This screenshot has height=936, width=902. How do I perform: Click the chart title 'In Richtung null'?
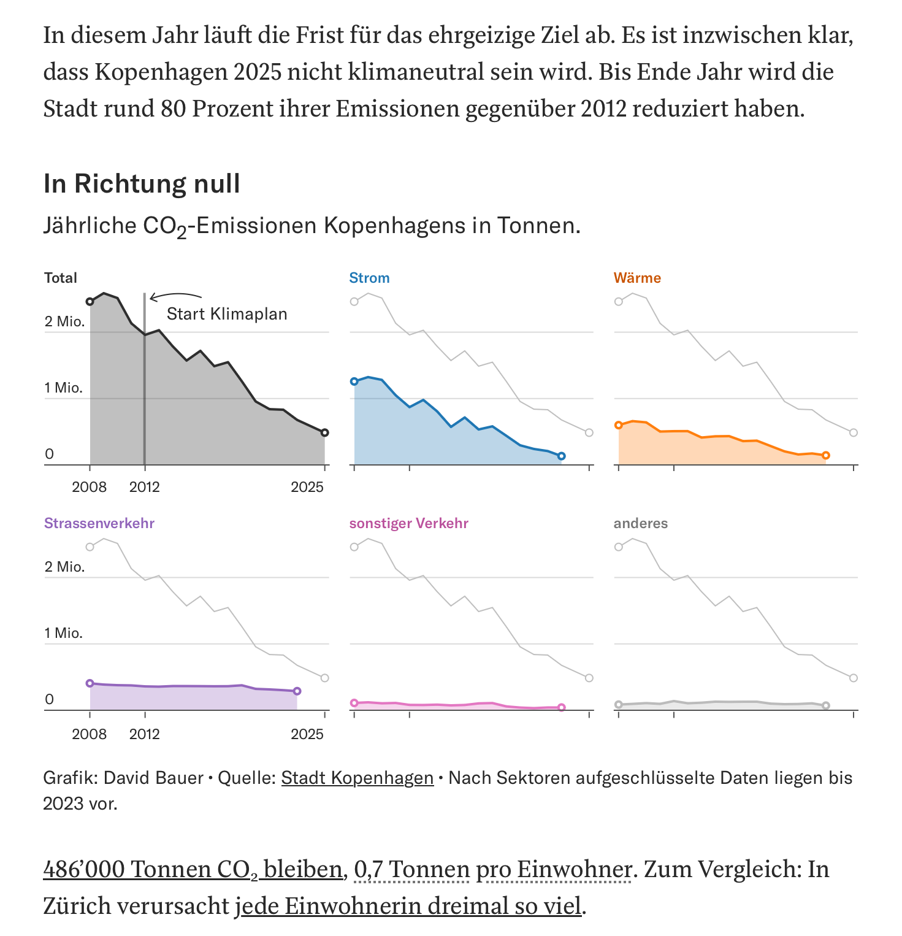pyautogui.click(x=142, y=183)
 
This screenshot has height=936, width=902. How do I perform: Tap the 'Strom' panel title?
pyautogui.click(x=369, y=278)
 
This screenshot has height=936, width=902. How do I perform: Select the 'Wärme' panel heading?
pyautogui.click(x=637, y=278)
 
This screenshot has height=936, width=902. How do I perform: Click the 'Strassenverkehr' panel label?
pyautogui.click(x=99, y=523)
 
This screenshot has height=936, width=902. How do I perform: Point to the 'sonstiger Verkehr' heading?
pyautogui.click(x=409, y=523)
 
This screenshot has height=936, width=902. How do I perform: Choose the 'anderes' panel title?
pyautogui.click(x=641, y=523)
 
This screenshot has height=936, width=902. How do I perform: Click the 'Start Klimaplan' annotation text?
pyautogui.click(x=227, y=314)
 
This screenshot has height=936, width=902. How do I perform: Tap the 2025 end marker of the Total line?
pyautogui.click(x=324, y=432)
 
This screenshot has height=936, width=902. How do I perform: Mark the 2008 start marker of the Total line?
pyautogui.click(x=90, y=301)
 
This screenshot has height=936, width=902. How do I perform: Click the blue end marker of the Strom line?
pyautogui.click(x=562, y=456)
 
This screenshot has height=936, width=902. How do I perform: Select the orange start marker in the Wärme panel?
pyautogui.click(x=618, y=425)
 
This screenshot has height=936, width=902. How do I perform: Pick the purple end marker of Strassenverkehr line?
pyautogui.click(x=297, y=691)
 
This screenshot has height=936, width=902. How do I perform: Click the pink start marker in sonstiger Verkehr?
pyautogui.click(x=354, y=703)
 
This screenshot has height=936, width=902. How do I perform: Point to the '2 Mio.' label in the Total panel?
pyautogui.click(x=64, y=321)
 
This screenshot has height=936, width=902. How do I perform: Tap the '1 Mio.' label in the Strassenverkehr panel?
pyautogui.click(x=64, y=633)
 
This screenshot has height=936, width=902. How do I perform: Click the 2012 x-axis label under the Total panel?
pyautogui.click(x=145, y=487)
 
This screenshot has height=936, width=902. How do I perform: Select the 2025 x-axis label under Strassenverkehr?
pyautogui.click(x=307, y=734)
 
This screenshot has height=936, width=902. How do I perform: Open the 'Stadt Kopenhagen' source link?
pyautogui.click(x=357, y=778)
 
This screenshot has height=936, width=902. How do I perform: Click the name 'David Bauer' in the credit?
pyautogui.click(x=153, y=778)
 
